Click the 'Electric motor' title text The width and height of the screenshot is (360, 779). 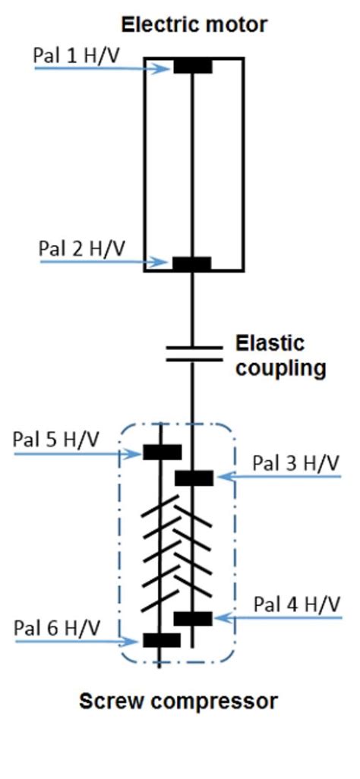pos(194,24)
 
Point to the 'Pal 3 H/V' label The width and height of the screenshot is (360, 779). pos(296,463)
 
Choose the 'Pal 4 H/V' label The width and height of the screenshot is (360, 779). pos(296,604)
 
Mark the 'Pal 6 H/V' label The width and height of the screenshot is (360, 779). pos(57,627)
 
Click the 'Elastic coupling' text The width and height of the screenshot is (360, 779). pos(279,355)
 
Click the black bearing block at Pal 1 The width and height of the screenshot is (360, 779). pos(193,66)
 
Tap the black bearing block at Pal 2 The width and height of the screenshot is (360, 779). pos(191,263)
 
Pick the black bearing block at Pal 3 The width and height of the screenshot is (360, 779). pos(194,478)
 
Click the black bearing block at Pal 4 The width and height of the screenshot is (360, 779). pos(193,618)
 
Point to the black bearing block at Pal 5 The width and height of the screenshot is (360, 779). pos(163,453)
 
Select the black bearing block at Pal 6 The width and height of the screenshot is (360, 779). pos(162,640)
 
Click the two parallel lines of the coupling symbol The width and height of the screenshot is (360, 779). pos(194,352)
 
